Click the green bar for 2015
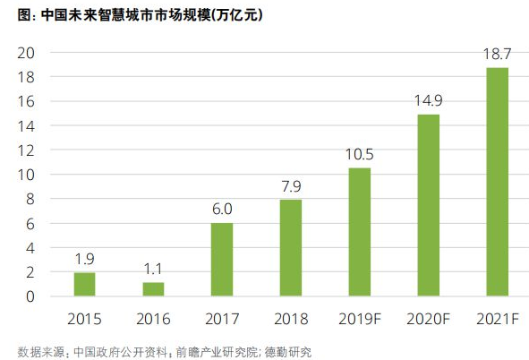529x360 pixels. tap(84, 284)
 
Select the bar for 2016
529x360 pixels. tap(153, 289)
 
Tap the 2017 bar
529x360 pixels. tap(222, 259)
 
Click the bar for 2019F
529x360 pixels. tap(359, 231)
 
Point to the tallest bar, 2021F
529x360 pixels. tap(497, 182)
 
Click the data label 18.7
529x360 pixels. tap(497, 56)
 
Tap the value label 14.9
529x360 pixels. tap(428, 102)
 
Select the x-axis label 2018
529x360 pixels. tap(291, 318)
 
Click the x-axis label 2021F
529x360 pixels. tap(497, 318)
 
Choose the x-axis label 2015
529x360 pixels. tap(84, 318)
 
